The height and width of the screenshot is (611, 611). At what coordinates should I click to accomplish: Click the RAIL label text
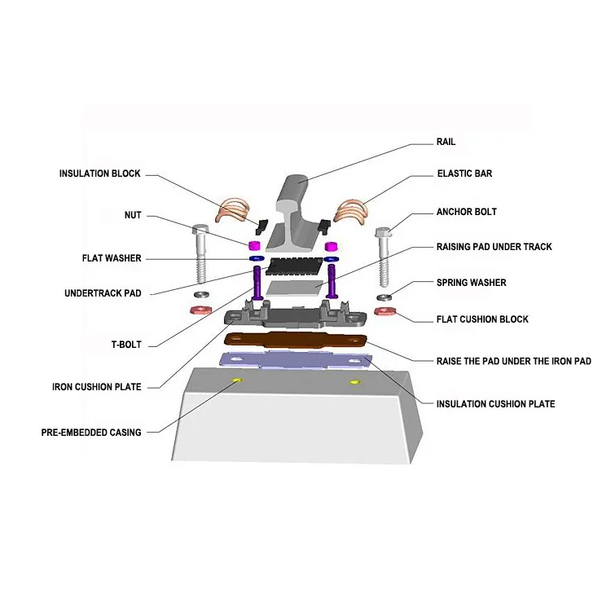point(446,142)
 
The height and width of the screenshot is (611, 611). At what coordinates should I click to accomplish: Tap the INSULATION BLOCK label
point(99,174)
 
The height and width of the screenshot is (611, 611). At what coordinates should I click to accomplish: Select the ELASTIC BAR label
point(464,174)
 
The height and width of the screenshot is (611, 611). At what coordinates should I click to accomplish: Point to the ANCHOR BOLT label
point(466,212)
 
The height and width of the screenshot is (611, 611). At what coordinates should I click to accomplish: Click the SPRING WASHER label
point(471,283)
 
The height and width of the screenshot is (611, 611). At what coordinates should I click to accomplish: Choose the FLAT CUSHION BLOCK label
point(481,319)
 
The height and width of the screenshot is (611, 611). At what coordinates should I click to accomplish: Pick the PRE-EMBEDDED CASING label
point(90,433)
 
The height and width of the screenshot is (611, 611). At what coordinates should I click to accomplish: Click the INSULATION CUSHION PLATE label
point(495,403)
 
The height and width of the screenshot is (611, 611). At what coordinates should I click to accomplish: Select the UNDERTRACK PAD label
point(103,292)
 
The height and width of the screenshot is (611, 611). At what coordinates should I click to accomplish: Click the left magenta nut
point(253,245)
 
